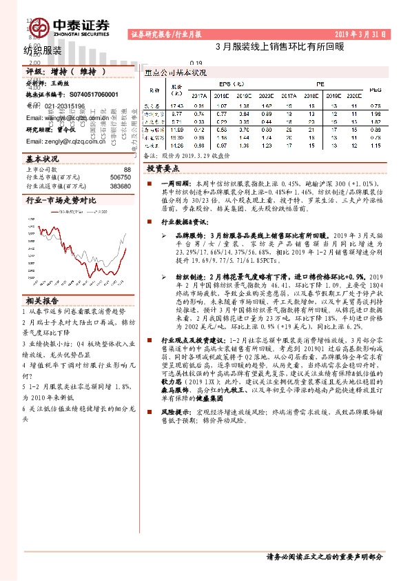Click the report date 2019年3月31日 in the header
point(361,33)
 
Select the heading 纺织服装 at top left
point(43,50)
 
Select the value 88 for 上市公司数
point(127,169)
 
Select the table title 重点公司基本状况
point(176,72)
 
